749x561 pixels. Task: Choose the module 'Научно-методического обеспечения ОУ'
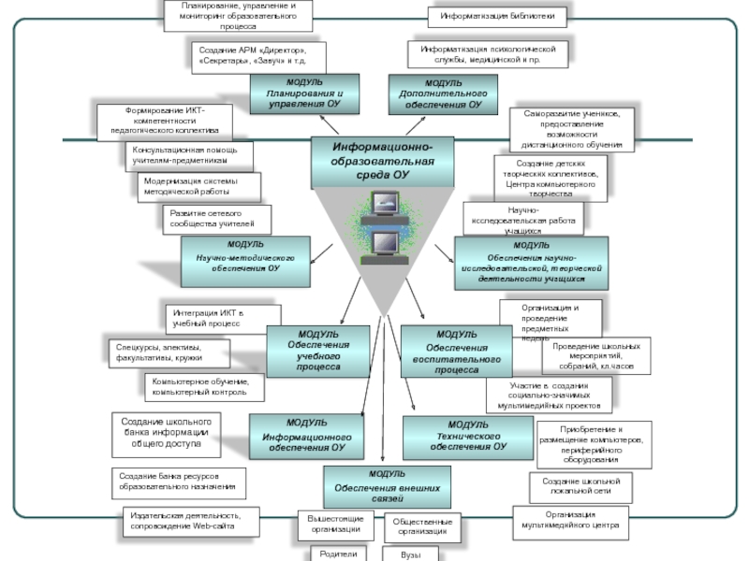click(x=244, y=257)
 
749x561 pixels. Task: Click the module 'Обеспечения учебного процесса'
click(x=319, y=352)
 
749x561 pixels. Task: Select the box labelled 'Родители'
click(x=339, y=554)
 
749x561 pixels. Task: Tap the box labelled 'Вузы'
click(x=411, y=554)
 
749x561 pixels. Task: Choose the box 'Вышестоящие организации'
click(x=335, y=523)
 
